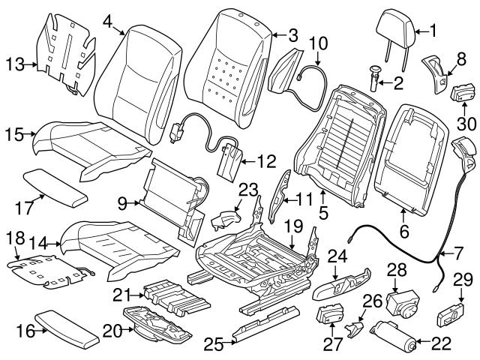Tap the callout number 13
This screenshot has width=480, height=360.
click(x=15, y=64)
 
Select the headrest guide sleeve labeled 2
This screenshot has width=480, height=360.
click(x=374, y=78)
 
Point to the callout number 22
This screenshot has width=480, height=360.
click(x=441, y=343)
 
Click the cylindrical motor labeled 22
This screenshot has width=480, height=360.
click(x=393, y=336)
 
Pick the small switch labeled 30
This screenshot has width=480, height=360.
click(x=462, y=94)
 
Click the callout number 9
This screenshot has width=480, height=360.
click(x=122, y=203)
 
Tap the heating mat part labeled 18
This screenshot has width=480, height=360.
click(x=50, y=271)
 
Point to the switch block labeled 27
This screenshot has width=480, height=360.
click(x=330, y=313)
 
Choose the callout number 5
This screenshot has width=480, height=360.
click(x=323, y=213)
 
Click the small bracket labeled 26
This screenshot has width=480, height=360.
click(x=355, y=328)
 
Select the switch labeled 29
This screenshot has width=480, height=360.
click(x=451, y=314)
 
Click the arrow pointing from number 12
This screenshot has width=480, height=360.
click(x=249, y=161)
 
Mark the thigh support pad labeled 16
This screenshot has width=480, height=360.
click(x=67, y=329)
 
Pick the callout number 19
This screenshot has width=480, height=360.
click(x=293, y=226)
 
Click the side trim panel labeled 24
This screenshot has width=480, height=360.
click(x=341, y=283)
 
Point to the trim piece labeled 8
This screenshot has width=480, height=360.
click(x=434, y=74)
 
